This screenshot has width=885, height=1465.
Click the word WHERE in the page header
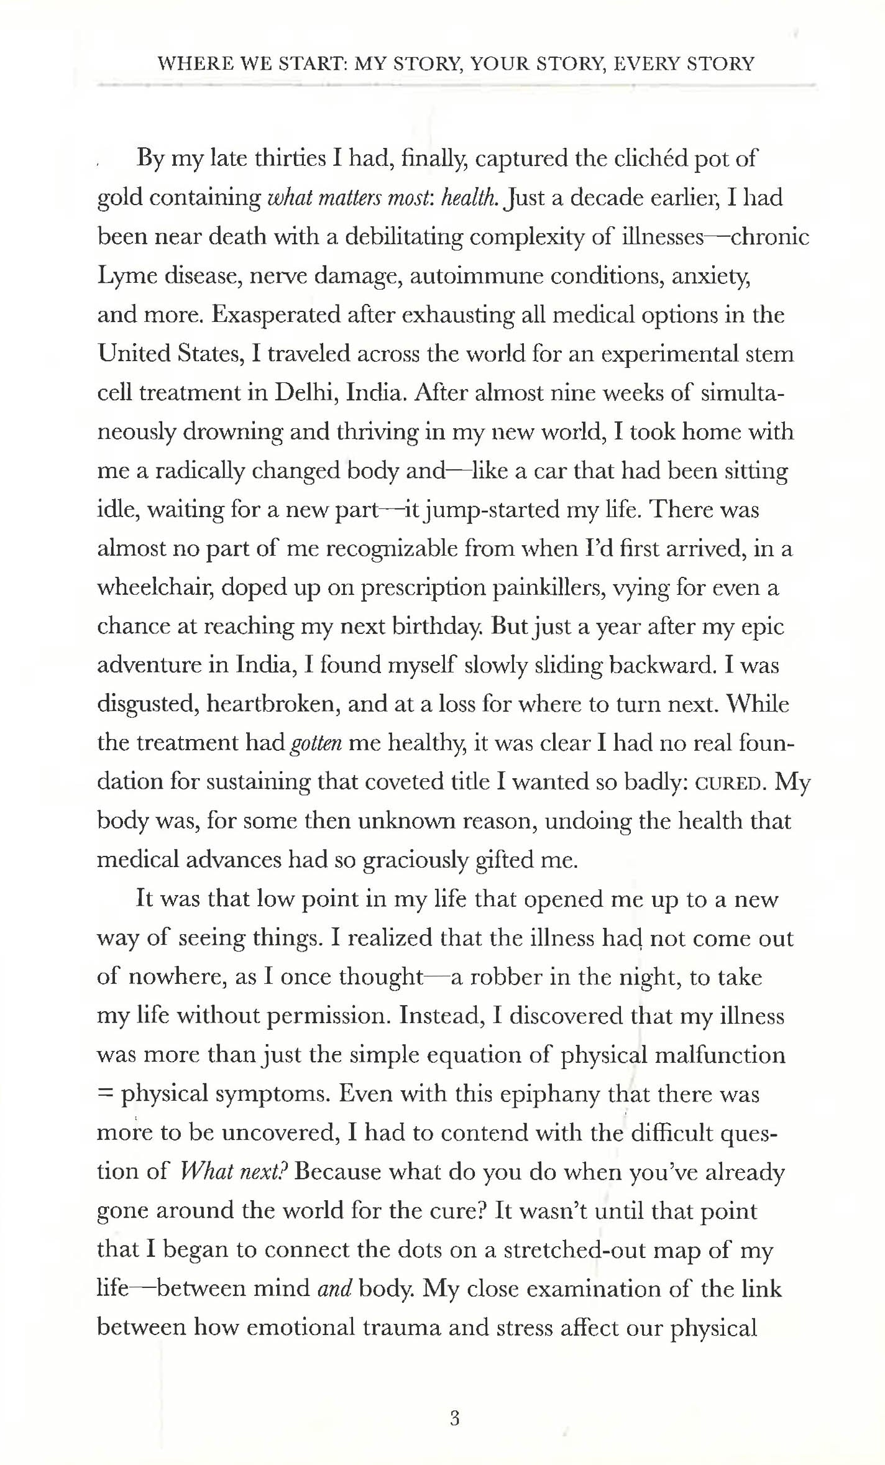[190, 64]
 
